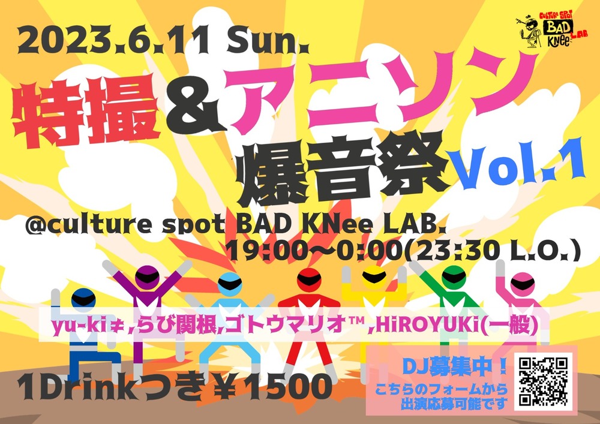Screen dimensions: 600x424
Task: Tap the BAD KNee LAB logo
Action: click(x=551, y=29)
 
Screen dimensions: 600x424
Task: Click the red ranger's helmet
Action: click(x=309, y=281)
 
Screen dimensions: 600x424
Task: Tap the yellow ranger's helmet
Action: click(x=374, y=276)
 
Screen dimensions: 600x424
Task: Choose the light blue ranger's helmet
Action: click(x=230, y=284)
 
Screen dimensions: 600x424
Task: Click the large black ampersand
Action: click(x=194, y=107)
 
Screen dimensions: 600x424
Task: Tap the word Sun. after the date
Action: click(x=268, y=41)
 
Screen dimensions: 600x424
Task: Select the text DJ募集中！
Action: click(x=455, y=366)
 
